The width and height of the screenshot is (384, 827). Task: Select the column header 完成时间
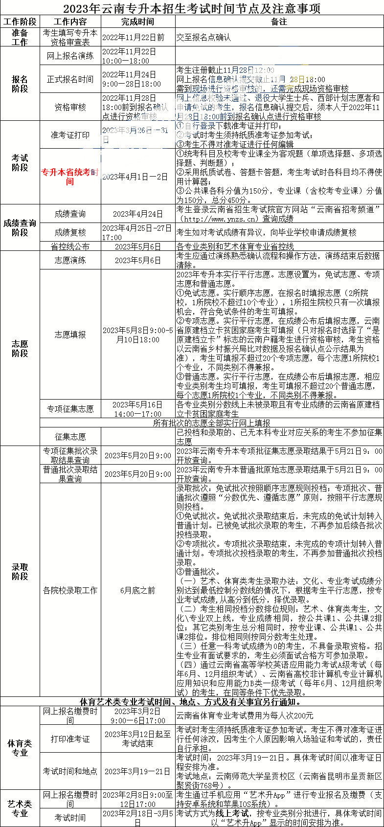coord(137,22)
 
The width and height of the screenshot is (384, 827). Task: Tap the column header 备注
coord(279,22)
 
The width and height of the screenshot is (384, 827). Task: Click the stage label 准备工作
coord(20,38)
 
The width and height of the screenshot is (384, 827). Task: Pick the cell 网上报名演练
coord(70,56)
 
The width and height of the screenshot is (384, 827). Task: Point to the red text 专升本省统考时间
coord(70,177)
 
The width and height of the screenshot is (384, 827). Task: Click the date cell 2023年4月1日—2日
coord(137,177)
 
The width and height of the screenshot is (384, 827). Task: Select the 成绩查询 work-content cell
coord(70,214)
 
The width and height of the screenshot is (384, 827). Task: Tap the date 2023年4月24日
coord(137,214)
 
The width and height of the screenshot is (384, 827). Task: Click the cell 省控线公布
coord(70,246)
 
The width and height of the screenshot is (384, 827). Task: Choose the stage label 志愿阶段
coord(20,348)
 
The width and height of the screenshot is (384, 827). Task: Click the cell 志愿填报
coord(70,335)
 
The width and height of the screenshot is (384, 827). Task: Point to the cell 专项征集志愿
coord(70,409)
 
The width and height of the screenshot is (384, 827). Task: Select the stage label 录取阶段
coord(20,571)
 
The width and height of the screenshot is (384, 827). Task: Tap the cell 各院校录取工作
coord(70,590)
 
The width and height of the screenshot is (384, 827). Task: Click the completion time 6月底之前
coord(137,590)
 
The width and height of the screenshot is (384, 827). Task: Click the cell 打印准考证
coord(70,739)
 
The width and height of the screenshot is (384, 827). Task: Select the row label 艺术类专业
coord(20,809)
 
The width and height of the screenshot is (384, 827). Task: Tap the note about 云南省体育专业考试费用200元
coord(245,715)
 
